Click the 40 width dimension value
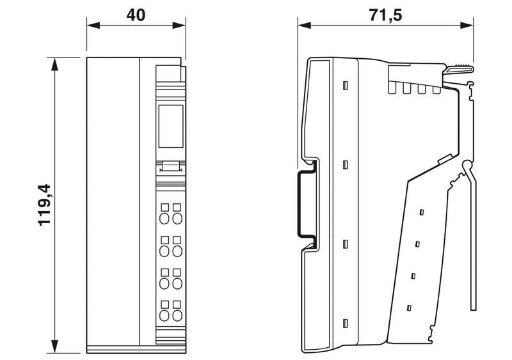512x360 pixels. point(136,15)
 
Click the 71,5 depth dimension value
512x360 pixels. point(385,15)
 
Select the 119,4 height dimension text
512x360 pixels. point(44,205)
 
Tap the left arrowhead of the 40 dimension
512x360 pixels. point(93,25)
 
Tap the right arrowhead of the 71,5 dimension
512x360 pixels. point(467,25)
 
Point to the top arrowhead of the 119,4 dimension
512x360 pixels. point(54,64)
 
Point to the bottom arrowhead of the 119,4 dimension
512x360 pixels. point(54,347)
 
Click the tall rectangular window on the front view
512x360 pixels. point(171,126)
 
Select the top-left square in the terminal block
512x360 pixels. point(165,207)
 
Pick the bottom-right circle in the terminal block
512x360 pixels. point(177,316)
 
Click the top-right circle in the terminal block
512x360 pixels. point(177,218)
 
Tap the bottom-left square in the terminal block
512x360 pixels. point(165,304)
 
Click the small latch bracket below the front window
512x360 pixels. point(171,166)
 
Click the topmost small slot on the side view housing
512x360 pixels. point(345,86)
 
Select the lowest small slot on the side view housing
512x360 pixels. point(345,324)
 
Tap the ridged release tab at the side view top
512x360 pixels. point(459,69)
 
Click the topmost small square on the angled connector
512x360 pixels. point(422,212)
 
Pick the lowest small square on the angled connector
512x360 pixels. point(409,308)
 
